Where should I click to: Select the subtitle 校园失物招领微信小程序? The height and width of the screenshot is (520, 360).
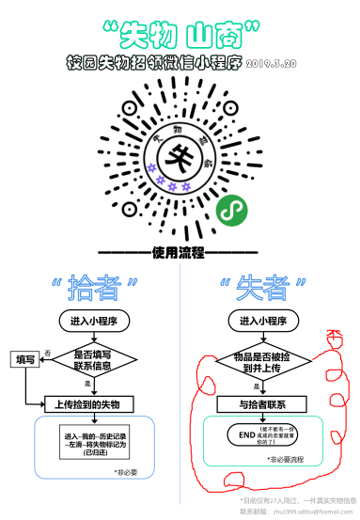click(x=155, y=63)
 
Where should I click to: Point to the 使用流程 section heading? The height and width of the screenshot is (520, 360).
click(x=178, y=254)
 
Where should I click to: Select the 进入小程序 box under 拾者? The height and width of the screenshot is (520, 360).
click(x=93, y=321)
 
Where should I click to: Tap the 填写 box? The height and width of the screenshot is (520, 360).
click(x=24, y=359)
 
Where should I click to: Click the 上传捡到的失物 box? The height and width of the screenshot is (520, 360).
click(x=93, y=403)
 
